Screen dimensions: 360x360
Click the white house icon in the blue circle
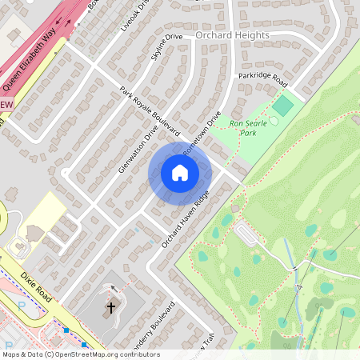click(180, 172)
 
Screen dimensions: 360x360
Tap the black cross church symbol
click(111, 306)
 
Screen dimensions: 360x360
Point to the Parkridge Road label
click(262, 80)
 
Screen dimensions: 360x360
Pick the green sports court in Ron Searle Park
click(282, 104)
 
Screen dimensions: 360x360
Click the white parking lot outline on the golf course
click(248, 234)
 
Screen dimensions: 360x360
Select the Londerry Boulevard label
click(156, 329)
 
